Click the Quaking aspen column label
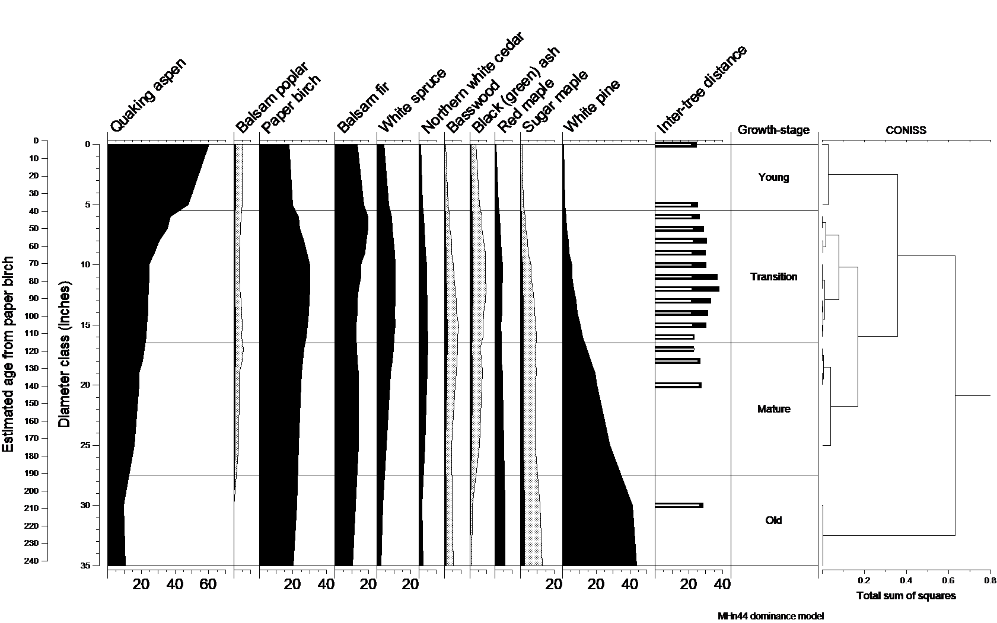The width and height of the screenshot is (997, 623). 148,95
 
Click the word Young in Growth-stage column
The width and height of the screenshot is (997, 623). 773,177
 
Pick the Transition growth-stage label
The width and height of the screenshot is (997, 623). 773,277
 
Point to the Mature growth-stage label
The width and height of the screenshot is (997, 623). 773,409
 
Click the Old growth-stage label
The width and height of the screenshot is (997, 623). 773,520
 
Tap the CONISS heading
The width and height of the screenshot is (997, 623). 906,130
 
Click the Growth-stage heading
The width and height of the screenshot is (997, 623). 773,130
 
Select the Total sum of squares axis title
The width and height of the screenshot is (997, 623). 906,596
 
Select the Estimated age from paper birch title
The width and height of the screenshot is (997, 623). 8,354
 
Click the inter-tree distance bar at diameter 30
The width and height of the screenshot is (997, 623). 679,506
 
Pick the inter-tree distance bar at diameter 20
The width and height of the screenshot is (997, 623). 677,385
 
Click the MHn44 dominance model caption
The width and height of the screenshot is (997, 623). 770,616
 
